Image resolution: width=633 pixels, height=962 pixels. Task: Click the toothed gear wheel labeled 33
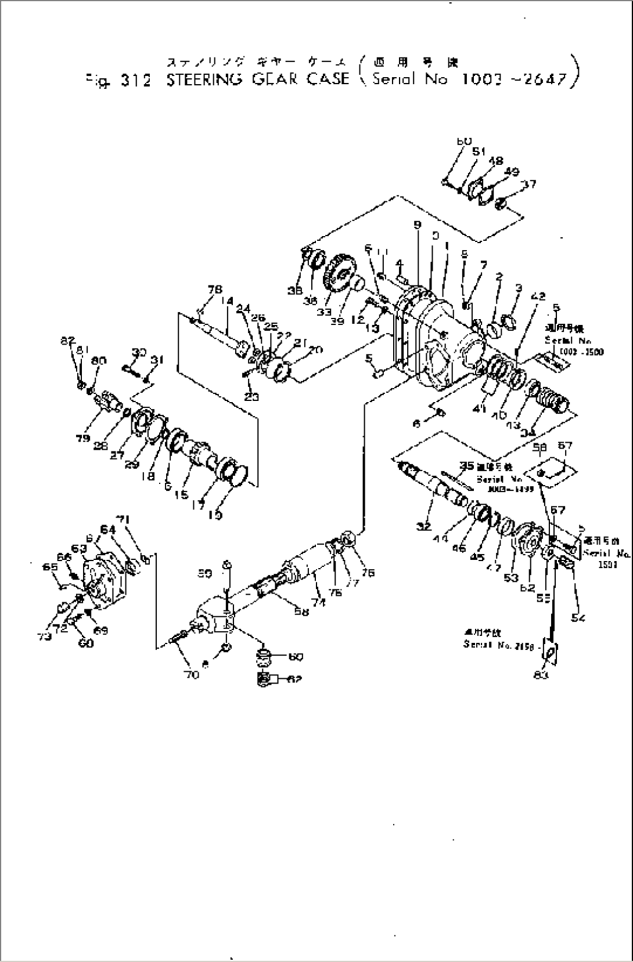(340, 277)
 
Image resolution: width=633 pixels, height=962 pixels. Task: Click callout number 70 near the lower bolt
(192, 674)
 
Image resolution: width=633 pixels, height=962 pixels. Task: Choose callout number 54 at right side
(577, 618)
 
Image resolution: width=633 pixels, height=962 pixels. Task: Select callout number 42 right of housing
(538, 296)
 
